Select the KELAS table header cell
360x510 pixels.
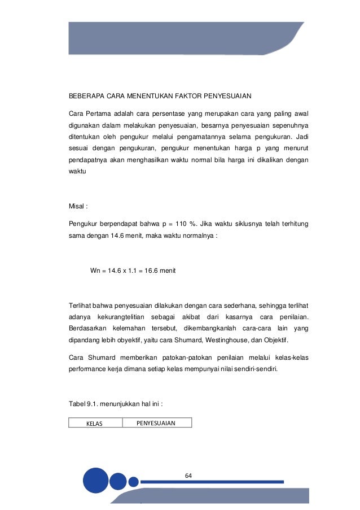click(x=95, y=423)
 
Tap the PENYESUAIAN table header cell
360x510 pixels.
click(x=156, y=422)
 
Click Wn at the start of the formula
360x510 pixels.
click(x=95, y=271)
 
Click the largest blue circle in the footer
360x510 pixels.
click(x=95, y=481)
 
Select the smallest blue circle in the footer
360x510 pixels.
click(x=133, y=482)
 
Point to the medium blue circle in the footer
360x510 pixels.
click(x=118, y=481)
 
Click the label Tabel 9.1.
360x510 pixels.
click(x=83, y=404)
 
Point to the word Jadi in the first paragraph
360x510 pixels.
click(x=309, y=136)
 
